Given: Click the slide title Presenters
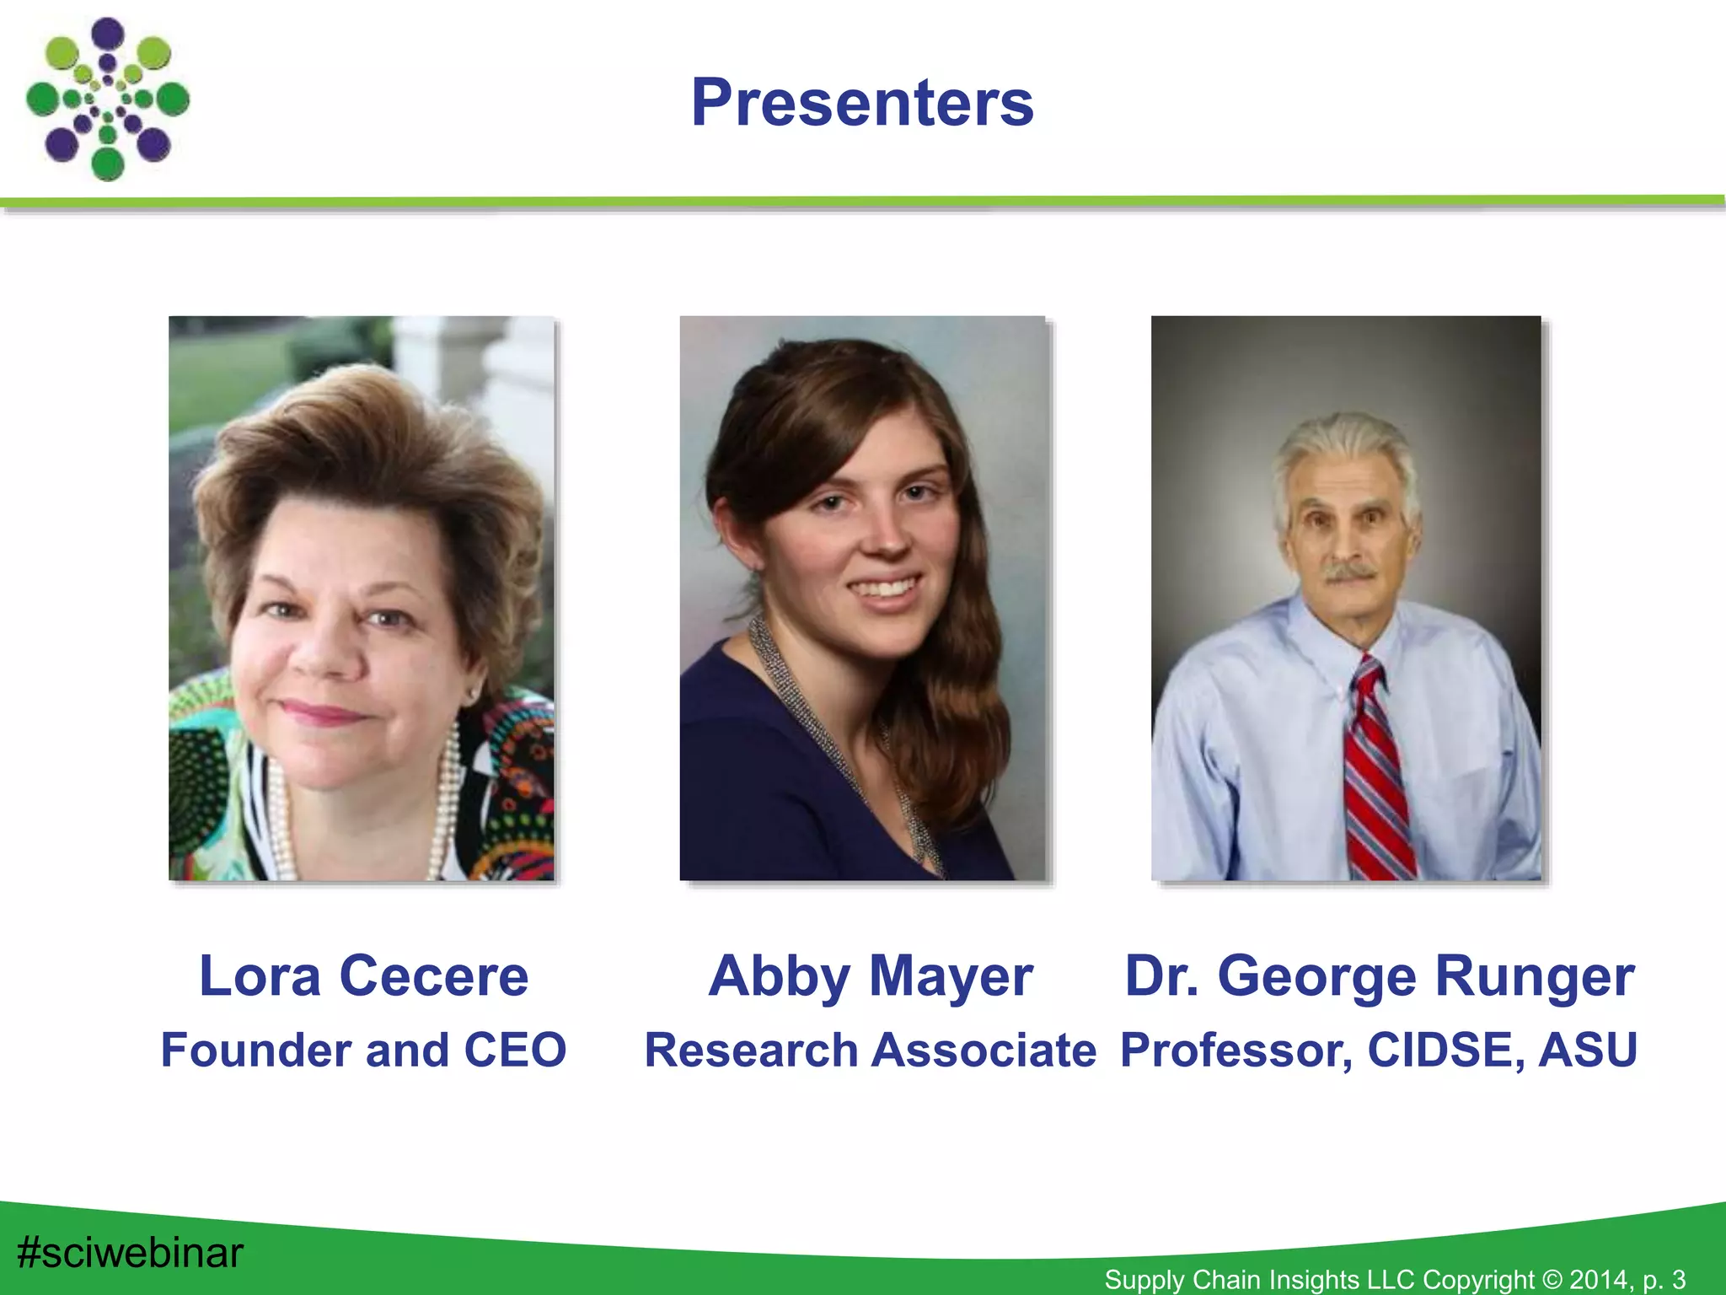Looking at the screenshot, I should click(x=862, y=103).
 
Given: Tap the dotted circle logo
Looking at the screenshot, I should click(x=107, y=99).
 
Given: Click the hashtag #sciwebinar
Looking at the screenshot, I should click(x=130, y=1252).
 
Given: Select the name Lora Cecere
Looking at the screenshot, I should click(x=363, y=976).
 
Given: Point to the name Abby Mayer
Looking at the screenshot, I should click(x=871, y=976).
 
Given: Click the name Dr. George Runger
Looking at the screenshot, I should click(x=1380, y=976).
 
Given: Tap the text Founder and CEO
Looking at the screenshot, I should click(x=363, y=1051).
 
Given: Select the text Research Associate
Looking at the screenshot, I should click(x=871, y=1051).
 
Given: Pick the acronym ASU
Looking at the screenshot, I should click(x=1588, y=1051).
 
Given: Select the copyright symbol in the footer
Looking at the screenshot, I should click(x=1552, y=1279).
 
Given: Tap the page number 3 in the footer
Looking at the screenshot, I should click(x=1678, y=1279).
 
